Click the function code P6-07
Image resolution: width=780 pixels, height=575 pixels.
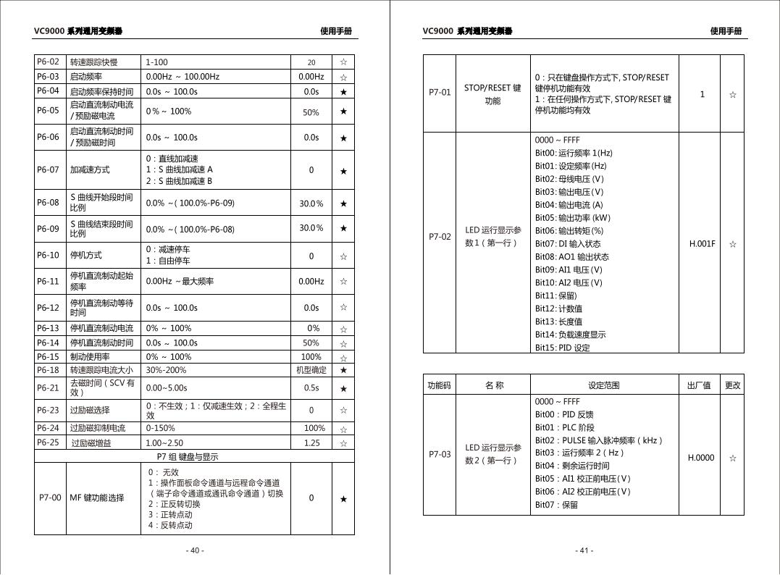[x=48, y=169]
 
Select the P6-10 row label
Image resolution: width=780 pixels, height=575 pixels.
[x=48, y=255]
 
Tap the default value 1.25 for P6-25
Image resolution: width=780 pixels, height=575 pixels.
[x=311, y=442]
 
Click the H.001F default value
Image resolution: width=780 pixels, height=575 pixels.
[x=702, y=244]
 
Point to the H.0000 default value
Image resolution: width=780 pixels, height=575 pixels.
[x=700, y=458]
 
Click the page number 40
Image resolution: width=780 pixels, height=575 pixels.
[x=195, y=550]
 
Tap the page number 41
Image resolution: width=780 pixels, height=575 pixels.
[x=584, y=550]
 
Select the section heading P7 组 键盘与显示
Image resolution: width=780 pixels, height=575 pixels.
[x=188, y=456]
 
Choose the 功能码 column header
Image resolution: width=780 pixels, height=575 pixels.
[x=439, y=385]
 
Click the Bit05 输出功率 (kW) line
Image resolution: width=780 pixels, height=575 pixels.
[x=572, y=217]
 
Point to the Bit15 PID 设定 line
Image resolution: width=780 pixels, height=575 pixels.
[x=562, y=348]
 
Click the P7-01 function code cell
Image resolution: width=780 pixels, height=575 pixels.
[x=439, y=93]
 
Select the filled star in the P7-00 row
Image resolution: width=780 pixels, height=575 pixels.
[x=343, y=498]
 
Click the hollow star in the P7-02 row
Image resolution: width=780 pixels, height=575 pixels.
[x=732, y=244]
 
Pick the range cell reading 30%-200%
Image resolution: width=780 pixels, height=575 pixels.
[x=166, y=370]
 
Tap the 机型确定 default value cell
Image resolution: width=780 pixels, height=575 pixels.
[x=311, y=370]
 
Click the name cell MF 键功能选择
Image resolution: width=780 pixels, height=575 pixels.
[x=97, y=498]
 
